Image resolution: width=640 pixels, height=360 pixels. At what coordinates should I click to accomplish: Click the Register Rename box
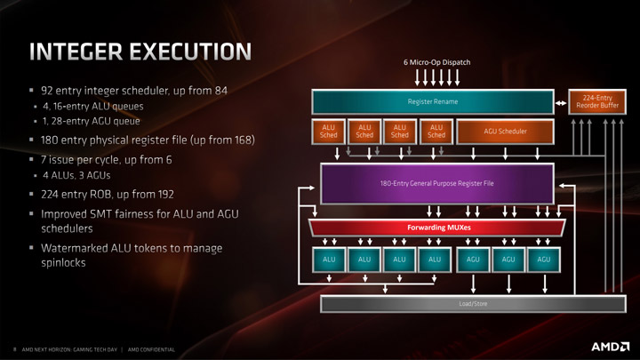pyautogui.click(x=433, y=101)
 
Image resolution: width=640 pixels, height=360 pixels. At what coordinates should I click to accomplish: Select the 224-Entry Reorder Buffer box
pyautogui.click(x=597, y=101)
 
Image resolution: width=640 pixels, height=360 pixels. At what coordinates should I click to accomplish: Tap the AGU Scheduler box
pyautogui.click(x=505, y=132)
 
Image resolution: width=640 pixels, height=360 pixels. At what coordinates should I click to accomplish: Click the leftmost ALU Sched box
pyautogui.click(x=328, y=132)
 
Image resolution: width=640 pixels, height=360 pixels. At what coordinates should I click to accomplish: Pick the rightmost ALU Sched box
pyautogui.click(x=436, y=132)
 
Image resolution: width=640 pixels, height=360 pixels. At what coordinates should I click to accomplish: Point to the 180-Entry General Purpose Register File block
pyautogui.click(x=437, y=184)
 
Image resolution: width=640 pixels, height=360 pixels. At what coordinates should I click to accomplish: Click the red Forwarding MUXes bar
pyautogui.click(x=437, y=228)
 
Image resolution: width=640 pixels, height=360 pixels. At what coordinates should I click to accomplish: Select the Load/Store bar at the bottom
pyautogui.click(x=473, y=304)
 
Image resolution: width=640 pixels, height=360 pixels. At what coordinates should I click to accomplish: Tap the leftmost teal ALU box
pyautogui.click(x=329, y=260)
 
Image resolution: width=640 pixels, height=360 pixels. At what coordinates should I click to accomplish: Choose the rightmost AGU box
pyautogui.click(x=543, y=260)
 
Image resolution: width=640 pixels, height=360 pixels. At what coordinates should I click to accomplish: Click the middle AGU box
pyautogui.click(x=508, y=260)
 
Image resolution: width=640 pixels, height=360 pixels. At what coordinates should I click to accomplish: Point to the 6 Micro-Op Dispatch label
pyautogui.click(x=436, y=62)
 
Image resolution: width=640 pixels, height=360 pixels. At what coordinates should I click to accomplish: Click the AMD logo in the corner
pyautogui.click(x=610, y=347)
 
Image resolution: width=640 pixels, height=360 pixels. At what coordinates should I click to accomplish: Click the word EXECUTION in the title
pyautogui.click(x=190, y=52)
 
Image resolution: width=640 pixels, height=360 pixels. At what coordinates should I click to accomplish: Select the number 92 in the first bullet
pyautogui.click(x=47, y=91)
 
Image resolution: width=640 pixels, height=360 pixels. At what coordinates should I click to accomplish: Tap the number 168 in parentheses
pyautogui.click(x=243, y=140)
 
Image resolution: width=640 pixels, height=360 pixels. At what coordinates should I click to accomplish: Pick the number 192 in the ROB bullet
pyautogui.click(x=165, y=195)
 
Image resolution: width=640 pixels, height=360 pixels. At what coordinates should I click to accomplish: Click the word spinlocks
pyautogui.click(x=63, y=262)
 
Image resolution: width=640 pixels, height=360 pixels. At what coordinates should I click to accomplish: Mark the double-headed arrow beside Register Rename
pyautogui.click(x=561, y=103)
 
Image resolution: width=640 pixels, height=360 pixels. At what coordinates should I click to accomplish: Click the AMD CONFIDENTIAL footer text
pyautogui.click(x=151, y=350)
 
